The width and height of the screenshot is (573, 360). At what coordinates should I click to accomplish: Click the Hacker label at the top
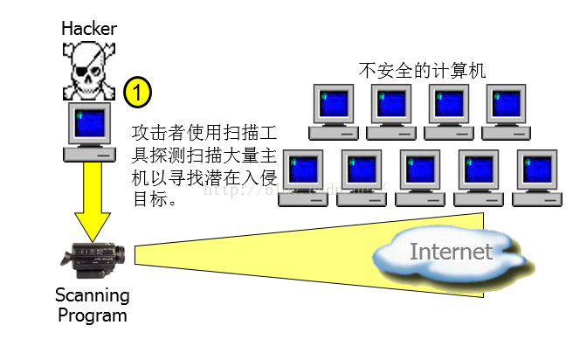point(88,28)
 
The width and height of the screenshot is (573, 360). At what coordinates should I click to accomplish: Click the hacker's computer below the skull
point(90,132)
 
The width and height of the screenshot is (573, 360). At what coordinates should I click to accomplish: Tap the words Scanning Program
point(92,304)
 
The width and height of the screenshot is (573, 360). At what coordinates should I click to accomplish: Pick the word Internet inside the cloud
point(451,253)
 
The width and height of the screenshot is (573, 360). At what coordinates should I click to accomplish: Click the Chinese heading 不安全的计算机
point(422,69)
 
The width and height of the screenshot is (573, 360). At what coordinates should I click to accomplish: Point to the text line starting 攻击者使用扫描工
point(204,134)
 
